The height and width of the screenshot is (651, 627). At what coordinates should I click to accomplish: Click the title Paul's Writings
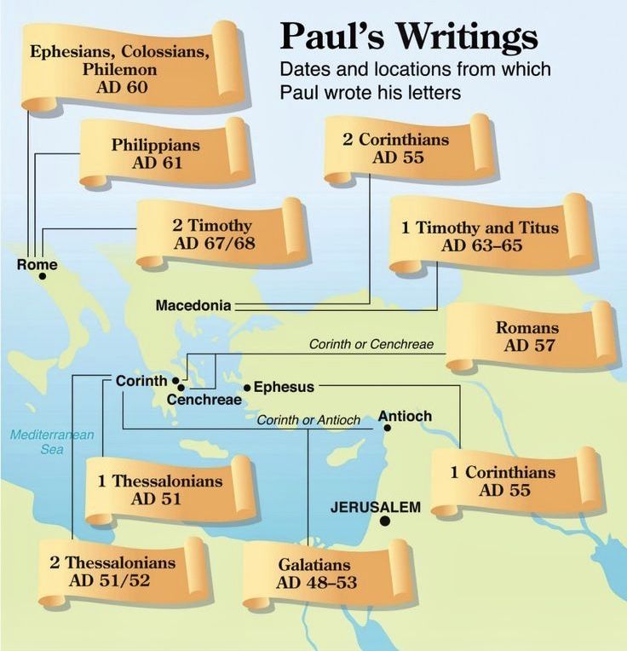pos(408,37)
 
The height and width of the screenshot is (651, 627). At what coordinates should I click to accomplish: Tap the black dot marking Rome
pos(42,276)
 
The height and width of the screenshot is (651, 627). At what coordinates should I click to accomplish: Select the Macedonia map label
pos(193,304)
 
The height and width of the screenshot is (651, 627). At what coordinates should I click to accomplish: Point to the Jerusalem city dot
pos(385,521)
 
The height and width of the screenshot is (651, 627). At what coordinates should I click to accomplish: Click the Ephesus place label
pos(284,387)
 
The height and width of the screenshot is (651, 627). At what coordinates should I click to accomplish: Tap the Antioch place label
pos(405,416)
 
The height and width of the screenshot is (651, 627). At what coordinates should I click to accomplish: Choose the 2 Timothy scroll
pos(213,233)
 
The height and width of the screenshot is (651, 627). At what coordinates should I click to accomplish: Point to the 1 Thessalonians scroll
pos(160,489)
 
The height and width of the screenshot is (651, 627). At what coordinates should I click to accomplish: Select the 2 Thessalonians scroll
pos(112,572)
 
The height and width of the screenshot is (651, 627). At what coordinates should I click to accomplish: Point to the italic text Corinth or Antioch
pos(296,420)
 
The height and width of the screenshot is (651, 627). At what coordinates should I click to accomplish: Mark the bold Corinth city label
pos(141,382)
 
